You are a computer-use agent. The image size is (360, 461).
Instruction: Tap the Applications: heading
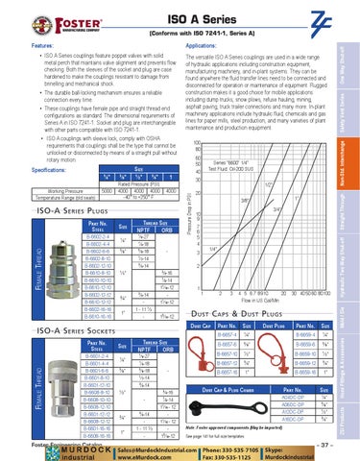[x=199, y=44]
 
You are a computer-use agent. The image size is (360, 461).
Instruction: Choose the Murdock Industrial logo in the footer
[x=42, y=451]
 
